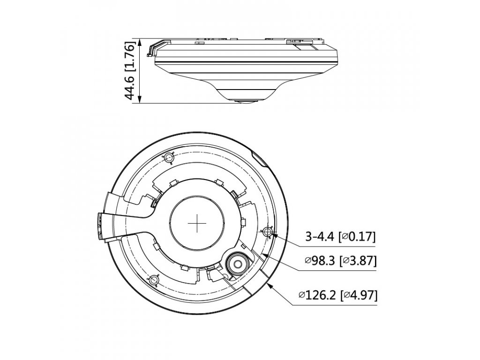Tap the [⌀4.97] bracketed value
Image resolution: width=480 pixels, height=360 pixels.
pyautogui.click(x=359, y=295)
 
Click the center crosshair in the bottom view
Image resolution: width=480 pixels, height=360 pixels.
pyautogui.click(x=197, y=224)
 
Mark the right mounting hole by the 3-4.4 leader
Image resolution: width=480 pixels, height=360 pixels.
pyautogui.click(x=268, y=232)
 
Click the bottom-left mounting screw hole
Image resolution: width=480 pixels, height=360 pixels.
pyautogui.click(x=152, y=280)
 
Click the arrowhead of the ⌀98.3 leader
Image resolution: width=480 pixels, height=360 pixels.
pyautogui.click(x=263, y=254)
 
